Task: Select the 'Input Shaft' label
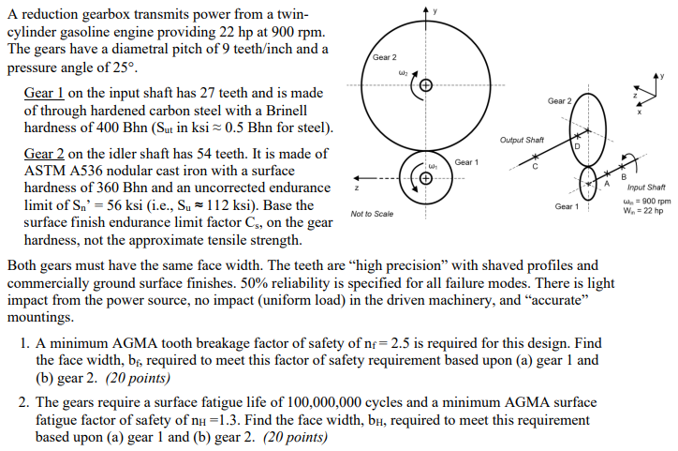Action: click(x=646, y=188)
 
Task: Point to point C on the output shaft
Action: click(x=536, y=165)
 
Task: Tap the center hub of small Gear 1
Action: click(x=426, y=178)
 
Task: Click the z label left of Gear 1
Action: click(x=357, y=188)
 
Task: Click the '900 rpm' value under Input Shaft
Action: click(x=653, y=201)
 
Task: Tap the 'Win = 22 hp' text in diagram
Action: click(x=645, y=211)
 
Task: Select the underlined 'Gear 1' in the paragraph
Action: click(x=42, y=93)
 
